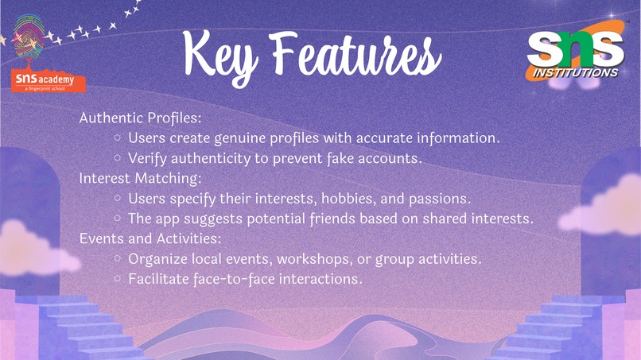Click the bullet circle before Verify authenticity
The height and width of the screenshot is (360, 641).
[x=118, y=157]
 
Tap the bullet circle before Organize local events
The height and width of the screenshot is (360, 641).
[x=118, y=259]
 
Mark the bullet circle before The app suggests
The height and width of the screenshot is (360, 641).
[x=118, y=217]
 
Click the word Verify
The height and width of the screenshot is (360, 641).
[x=148, y=157]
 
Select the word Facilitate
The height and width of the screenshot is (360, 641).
[x=157, y=279]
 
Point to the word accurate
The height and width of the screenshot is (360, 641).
[x=384, y=137]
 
